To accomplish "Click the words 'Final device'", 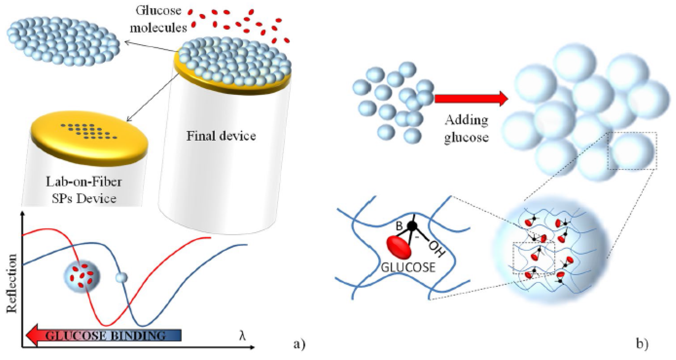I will [x=221, y=136].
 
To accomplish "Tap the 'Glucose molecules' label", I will [x=158, y=19].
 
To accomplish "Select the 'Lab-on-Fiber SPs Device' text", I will [x=84, y=190].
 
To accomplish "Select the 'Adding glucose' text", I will [x=466, y=129].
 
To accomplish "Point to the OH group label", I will [x=437, y=249].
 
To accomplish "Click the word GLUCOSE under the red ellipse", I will [x=408, y=267].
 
